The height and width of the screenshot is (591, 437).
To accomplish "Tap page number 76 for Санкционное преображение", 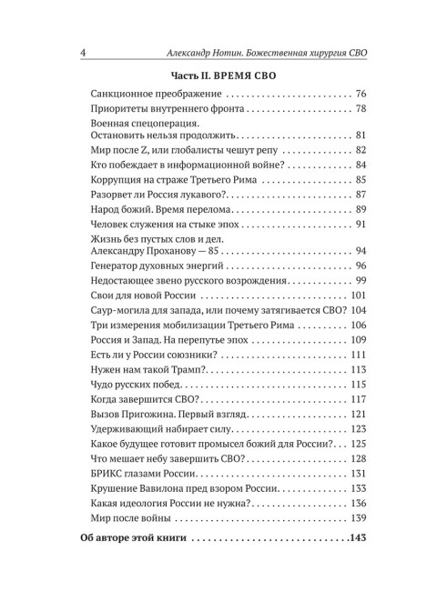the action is tap(361, 95).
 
